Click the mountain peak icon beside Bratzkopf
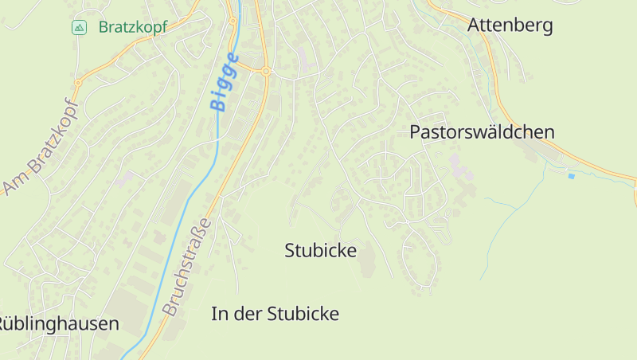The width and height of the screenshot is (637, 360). (79, 28)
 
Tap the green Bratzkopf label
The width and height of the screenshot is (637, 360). (133, 27)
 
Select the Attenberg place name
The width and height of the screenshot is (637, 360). (510, 25)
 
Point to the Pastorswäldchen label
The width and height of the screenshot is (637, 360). (482, 132)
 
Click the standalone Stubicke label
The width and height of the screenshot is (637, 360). (320, 250)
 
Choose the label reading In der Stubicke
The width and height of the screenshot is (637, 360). (275, 314)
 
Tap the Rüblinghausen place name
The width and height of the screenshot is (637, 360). (59, 323)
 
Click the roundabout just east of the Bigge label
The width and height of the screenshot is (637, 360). (266, 71)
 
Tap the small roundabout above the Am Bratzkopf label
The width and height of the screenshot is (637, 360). (78, 82)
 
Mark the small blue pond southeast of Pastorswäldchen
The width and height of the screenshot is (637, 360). (570, 175)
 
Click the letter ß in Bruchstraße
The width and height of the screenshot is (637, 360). (205, 230)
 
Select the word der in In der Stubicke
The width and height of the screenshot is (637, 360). (252, 314)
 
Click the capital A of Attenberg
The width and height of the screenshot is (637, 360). (475, 25)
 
